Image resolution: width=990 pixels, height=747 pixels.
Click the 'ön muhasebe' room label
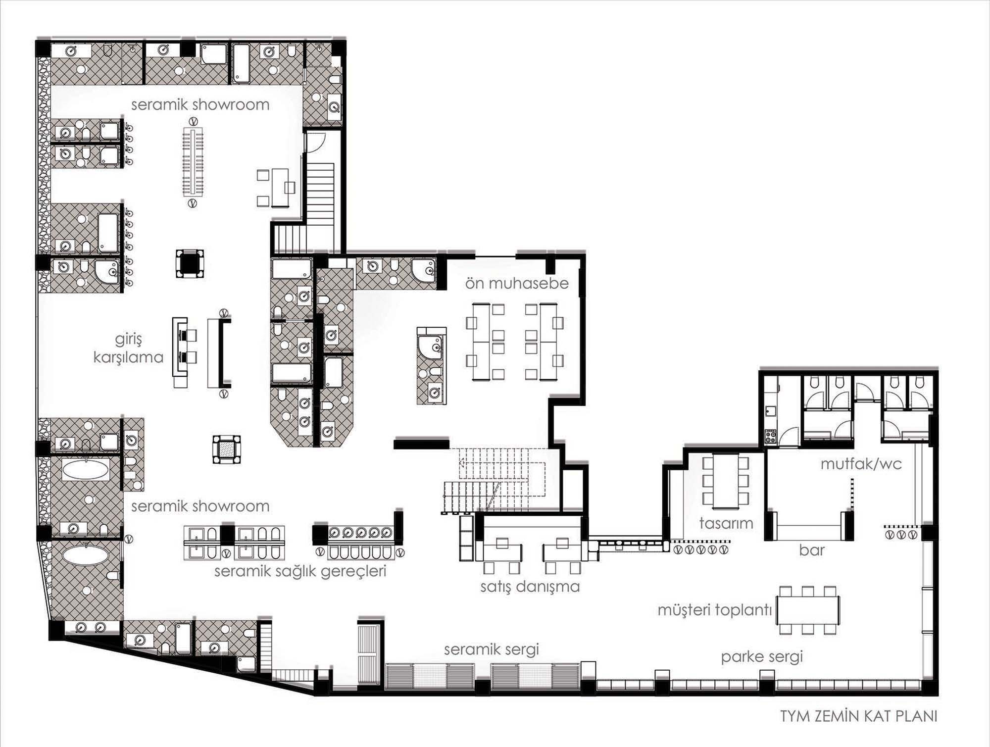pyautogui.click(x=516, y=284)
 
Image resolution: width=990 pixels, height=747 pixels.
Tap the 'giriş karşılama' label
pyautogui.click(x=128, y=349)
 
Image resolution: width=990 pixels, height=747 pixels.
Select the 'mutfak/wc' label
pyautogui.click(x=861, y=464)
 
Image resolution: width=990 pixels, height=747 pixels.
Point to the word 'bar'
pyautogui.click(x=811, y=550)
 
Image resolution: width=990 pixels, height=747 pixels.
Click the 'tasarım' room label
pyautogui.click(x=726, y=523)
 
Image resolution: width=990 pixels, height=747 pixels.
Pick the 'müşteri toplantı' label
pyautogui.click(x=715, y=610)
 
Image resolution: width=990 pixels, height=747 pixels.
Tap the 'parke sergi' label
pyautogui.click(x=761, y=657)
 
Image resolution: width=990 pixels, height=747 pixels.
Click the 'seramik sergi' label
pyautogui.click(x=491, y=649)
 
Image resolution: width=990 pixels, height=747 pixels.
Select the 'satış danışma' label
pyautogui.click(x=530, y=587)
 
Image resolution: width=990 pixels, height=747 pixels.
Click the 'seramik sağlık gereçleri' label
pyautogui.click(x=300, y=571)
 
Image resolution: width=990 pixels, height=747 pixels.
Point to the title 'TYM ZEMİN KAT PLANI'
pyautogui.click(x=859, y=716)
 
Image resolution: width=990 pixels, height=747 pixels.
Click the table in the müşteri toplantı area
pyautogui.click(x=808, y=610)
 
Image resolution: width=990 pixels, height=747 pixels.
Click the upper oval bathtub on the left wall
pyautogui.click(x=85, y=470)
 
